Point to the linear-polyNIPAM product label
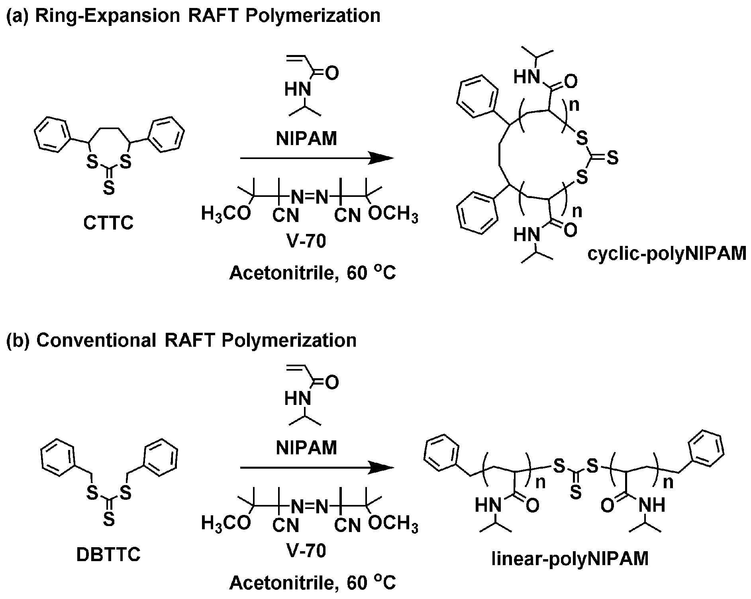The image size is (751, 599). click(x=570, y=559)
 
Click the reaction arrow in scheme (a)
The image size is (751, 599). click(x=317, y=158)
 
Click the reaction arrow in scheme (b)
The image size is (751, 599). click(x=317, y=468)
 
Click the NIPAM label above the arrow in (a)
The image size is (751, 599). click(x=306, y=139)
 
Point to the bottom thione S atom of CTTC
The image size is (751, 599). click(x=109, y=188)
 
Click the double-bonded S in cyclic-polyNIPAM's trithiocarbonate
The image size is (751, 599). click(x=613, y=158)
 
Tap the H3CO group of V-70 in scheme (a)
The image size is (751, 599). click(x=226, y=214)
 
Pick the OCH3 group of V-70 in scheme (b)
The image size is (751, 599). click(x=393, y=524)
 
